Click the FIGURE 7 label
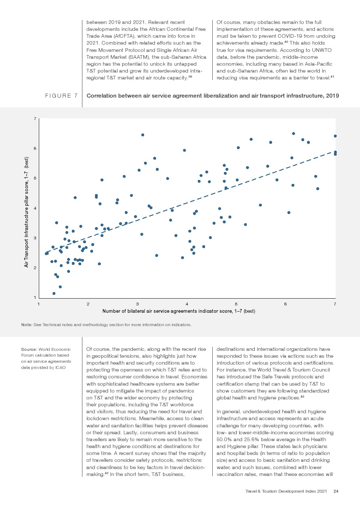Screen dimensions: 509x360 [x=61, y=96]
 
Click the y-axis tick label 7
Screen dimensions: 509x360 [x=35, y=119]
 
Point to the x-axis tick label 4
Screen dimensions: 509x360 [x=187, y=304]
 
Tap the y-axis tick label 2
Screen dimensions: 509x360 [x=35, y=268]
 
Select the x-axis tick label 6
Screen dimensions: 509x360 [x=286, y=304]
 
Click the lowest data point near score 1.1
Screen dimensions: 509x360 [x=54, y=294]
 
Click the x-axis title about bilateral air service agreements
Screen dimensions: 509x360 [x=179, y=311]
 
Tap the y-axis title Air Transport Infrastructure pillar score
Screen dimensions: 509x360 [x=26, y=212]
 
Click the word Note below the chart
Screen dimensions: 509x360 [x=26, y=325]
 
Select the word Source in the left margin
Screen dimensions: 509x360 [x=29, y=349]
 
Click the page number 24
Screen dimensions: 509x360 [x=336, y=491]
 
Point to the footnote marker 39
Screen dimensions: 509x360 [x=190, y=77]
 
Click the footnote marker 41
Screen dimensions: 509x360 [x=332, y=77]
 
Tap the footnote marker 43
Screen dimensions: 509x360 [x=302, y=397]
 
